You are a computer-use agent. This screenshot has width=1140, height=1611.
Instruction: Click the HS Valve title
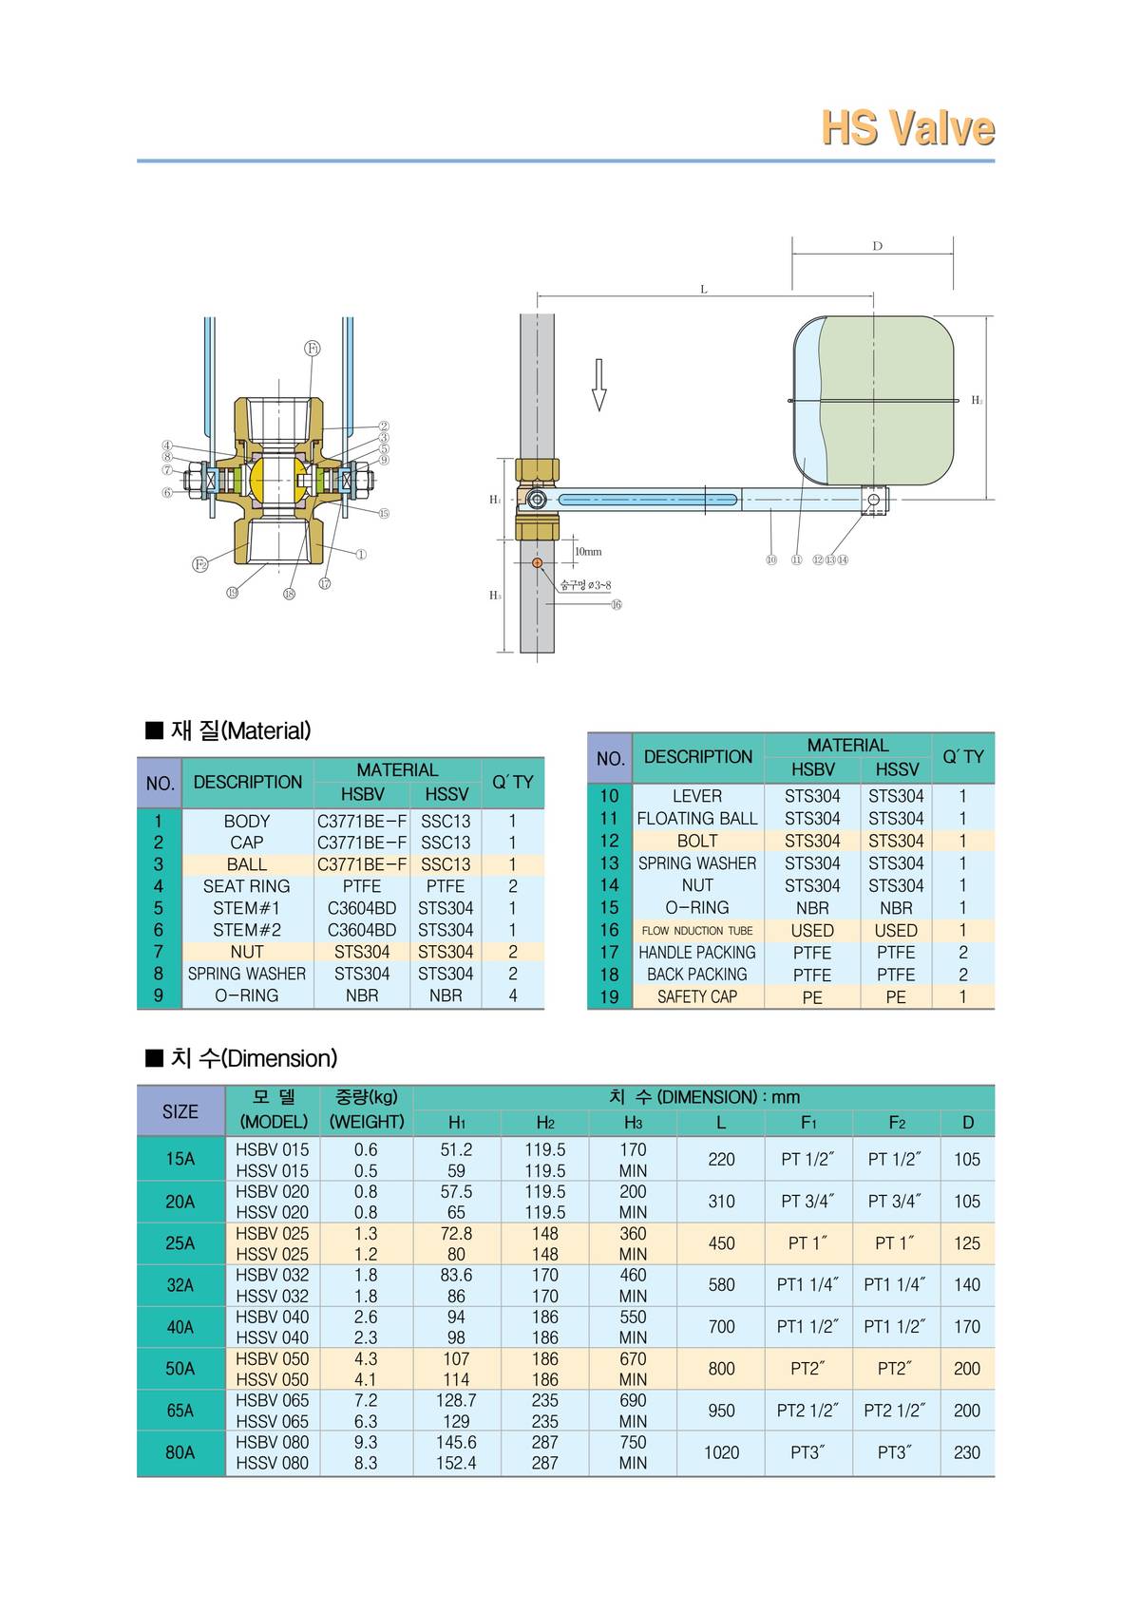point(907,128)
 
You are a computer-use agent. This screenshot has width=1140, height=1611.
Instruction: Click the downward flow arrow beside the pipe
point(598,385)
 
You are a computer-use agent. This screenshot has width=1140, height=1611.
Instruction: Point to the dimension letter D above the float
point(877,246)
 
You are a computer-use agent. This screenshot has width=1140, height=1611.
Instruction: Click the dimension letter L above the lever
point(703,289)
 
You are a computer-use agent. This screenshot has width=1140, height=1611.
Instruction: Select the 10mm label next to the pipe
point(588,551)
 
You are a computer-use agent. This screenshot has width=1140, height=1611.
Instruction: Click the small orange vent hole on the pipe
point(538,563)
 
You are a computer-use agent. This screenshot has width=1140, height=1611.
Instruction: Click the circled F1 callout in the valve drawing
point(313,348)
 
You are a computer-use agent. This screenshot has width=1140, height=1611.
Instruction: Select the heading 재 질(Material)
point(228,730)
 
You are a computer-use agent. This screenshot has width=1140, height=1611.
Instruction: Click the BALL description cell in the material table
point(247,864)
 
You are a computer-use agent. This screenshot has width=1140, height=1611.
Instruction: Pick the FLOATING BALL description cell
point(697,818)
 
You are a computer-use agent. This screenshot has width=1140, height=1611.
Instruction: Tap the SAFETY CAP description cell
point(697,996)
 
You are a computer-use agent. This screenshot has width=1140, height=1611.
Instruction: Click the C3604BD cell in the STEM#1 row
point(361,908)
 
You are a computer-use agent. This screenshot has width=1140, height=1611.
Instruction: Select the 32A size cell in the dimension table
point(180,1285)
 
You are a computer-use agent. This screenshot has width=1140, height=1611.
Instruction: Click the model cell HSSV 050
point(272,1379)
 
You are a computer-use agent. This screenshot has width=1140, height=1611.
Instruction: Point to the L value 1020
point(721,1452)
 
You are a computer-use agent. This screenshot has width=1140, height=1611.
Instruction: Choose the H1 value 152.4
point(456,1463)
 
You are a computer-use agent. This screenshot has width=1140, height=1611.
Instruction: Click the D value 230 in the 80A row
point(966,1452)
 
